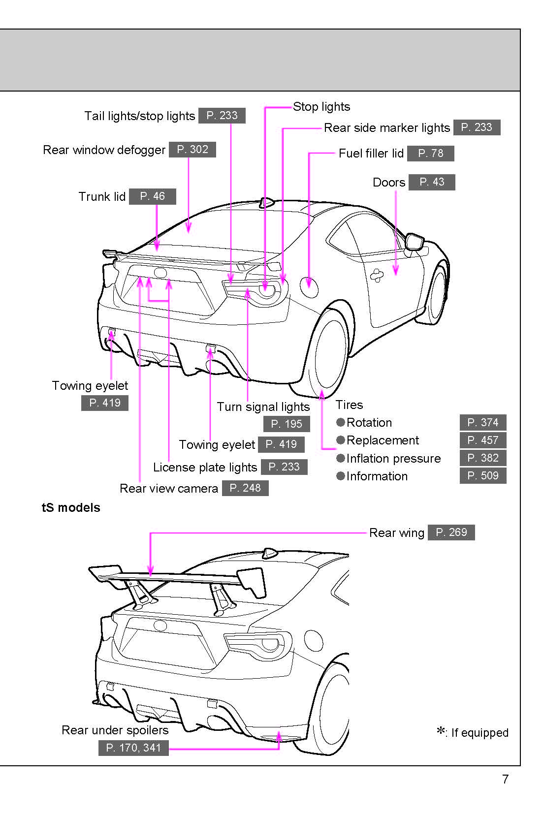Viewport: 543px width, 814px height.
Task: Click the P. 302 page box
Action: [x=192, y=150]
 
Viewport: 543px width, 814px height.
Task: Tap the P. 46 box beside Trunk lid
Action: [x=152, y=196]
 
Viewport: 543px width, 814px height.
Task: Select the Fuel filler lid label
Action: [x=371, y=154]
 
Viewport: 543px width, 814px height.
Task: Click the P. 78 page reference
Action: [x=430, y=154]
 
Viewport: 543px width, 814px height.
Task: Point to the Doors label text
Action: [x=388, y=183]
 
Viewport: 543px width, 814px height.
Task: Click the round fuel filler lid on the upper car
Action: [x=309, y=286]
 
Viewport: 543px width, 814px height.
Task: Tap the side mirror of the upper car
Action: [x=415, y=242]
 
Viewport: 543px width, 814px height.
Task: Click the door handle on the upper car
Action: [x=377, y=275]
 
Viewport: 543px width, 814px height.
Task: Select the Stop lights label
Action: [x=321, y=107]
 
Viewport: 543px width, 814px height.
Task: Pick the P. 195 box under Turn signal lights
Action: [x=287, y=424]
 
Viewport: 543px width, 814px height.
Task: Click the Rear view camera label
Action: [x=168, y=489]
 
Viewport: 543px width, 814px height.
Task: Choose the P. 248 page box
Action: [x=245, y=488]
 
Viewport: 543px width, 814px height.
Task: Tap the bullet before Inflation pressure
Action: [x=340, y=458]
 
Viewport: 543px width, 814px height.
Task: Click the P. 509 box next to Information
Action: [x=482, y=476]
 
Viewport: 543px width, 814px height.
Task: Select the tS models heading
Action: [x=71, y=508]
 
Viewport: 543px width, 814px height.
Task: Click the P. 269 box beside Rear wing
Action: [x=451, y=532]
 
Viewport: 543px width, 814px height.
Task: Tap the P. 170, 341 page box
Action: [x=133, y=748]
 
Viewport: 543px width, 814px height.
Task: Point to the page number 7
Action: [x=505, y=779]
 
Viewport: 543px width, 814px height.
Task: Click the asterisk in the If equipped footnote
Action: [x=441, y=731]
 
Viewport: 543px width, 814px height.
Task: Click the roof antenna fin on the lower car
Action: [x=270, y=553]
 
